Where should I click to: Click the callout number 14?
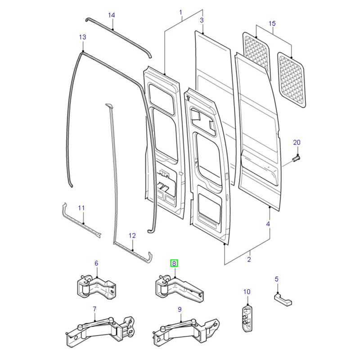point(112,15)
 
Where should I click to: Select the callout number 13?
point(82,37)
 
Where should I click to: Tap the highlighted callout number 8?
point(174,263)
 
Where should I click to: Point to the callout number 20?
point(296,143)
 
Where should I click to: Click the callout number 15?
point(272,23)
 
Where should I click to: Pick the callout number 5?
point(277,279)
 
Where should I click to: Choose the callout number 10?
point(247,292)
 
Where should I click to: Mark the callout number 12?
point(132,235)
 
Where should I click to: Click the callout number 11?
point(81,208)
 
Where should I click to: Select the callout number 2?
point(249,260)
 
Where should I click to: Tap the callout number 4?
point(268,224)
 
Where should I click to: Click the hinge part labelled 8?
point(177,288)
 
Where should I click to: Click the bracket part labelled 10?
point(246,318)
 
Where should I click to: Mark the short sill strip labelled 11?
point(81,222)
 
